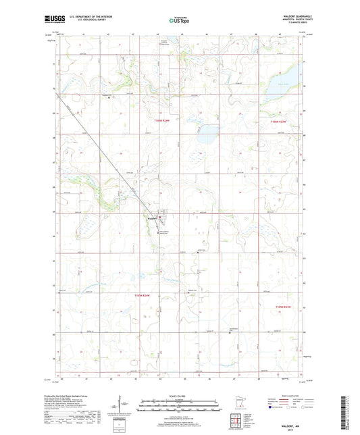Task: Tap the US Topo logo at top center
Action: click(180, 20)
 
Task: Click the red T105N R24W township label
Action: click(163, 122)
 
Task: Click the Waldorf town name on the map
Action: click(152, 217)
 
